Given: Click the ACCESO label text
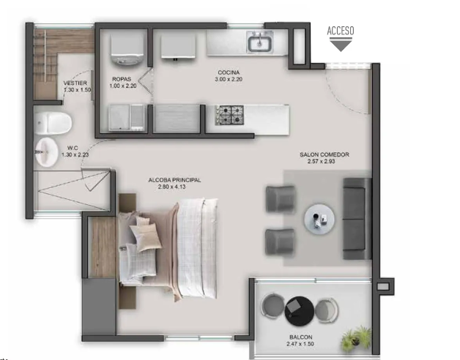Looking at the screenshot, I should [341, 30].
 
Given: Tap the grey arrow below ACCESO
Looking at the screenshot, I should [341, 45].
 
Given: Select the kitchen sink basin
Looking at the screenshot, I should [259, 45].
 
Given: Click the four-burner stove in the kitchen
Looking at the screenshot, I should [229, 115].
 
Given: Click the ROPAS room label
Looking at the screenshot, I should [121, 78].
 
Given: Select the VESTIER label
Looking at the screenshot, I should [75, 83].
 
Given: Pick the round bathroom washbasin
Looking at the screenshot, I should [46, 151].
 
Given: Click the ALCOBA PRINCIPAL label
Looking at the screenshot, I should [174, 179].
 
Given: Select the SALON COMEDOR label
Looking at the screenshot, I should [324, 155].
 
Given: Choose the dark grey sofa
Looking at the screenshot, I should [357, 217].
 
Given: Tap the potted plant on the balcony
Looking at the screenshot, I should [355, 336].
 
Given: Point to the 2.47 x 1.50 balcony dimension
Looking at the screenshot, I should [300, 344].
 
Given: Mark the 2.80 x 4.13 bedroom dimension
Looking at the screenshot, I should [174, 187].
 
